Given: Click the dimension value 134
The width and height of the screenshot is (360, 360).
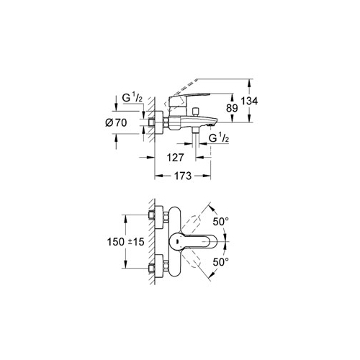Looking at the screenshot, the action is (x=249, y=101).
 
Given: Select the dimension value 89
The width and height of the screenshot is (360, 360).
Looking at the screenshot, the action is (x=232, y=108).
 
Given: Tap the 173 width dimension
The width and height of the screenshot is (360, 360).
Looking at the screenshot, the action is (x=183, y=176).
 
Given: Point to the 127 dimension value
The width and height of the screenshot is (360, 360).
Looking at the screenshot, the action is (x=175, y=158).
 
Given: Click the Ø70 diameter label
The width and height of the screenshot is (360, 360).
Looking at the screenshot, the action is (x=116, y=123).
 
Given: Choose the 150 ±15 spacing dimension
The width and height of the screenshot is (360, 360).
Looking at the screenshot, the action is (x=125, y=242).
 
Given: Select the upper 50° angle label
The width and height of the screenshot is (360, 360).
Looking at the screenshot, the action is (x=221, y=222).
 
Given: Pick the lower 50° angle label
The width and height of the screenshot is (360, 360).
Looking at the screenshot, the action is (x=221, y=261).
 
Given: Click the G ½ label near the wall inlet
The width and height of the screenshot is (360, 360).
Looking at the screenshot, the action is (x=132, y=98).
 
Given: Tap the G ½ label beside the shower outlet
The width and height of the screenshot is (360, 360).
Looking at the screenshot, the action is (x=219, y=138).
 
